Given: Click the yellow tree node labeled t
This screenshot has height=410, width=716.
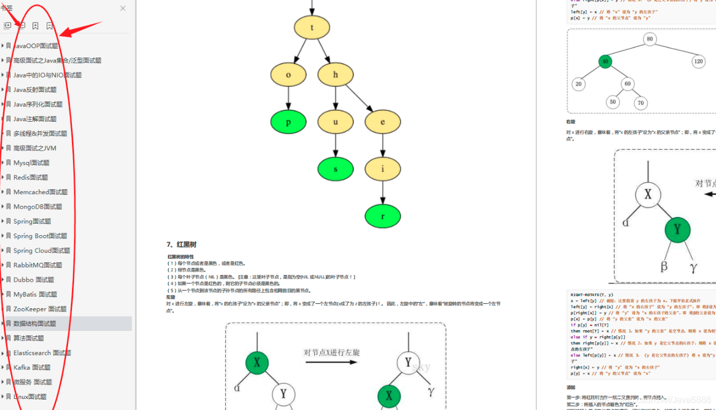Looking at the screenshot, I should tap(312, 28).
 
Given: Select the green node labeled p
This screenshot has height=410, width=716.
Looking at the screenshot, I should tap(288, 122).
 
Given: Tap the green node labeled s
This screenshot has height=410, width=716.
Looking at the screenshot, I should tap(335, 169).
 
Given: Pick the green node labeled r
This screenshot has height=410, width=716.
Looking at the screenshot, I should tap(382, 216).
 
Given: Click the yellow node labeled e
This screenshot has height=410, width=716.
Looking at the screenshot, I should tap(382, 122).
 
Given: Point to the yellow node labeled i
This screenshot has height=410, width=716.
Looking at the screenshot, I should tap(382, 169).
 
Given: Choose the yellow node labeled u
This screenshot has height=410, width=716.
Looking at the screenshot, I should tap(335, 122).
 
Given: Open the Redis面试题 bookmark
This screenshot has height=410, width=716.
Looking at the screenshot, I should tap(30, 178).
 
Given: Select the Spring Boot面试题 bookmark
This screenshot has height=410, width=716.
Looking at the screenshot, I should tap(40, 236).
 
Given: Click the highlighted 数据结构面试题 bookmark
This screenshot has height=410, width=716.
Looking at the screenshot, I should tap(34, 324).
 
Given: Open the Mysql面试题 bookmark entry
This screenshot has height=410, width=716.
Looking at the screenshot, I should tap(31, 163).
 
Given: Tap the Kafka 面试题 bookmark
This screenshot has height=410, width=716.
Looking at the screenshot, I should tap(32, 367).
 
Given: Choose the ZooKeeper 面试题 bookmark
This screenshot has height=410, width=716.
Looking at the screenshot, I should tap(40, 309).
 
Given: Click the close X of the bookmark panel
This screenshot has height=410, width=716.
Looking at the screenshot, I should tap(123, 8).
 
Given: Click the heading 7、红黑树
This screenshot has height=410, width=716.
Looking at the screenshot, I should tap(181, 245).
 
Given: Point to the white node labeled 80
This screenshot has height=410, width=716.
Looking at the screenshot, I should tap(650, 39).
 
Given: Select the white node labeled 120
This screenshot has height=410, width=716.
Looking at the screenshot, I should tap(698, 61).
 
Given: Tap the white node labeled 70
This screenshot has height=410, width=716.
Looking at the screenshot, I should tap(641, 103).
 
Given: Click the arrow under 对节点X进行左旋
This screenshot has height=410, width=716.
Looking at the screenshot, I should tap(331, 362).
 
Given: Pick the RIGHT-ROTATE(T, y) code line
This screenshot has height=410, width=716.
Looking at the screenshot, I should tap(592, 295).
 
